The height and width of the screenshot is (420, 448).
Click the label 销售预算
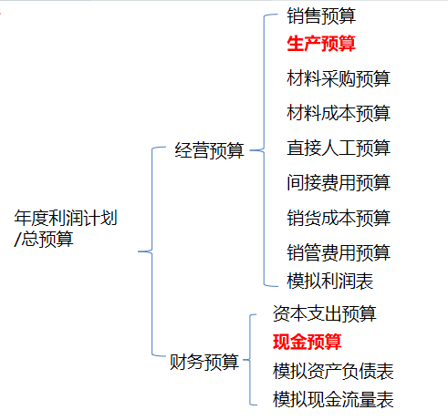tap(321, 15)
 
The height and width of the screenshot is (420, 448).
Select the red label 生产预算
tap(321, 44)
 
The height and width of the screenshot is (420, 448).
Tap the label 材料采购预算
tap(339, 78)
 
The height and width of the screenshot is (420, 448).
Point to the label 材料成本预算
tap(339, 113)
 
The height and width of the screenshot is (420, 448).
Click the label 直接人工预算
tap(339, 149)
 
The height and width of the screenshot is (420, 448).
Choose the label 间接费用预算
tap(339, 183)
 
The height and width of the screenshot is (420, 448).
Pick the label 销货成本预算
tap(339, 218)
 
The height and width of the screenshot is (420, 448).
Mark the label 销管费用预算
tap(339, 252)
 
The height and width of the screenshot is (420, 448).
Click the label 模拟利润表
tap(330, 281)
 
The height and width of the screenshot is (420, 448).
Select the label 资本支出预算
tap(325, 313)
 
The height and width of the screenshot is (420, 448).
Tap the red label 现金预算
tap(307, 342)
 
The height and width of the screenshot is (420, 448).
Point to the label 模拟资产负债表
tap(333, 371)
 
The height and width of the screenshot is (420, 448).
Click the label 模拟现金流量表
tap(333, 399)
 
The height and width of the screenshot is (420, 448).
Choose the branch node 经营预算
tap(209, 150)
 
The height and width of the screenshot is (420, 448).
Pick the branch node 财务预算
tap(204, 362)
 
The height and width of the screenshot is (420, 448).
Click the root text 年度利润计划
tap(66, 218)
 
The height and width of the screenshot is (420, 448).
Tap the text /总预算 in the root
tap(44, 239)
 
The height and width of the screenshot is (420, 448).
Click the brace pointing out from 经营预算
tap(264, 150)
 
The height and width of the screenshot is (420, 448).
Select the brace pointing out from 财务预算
tap(250, 360)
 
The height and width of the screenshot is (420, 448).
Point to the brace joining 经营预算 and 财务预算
tap(152, 251)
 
